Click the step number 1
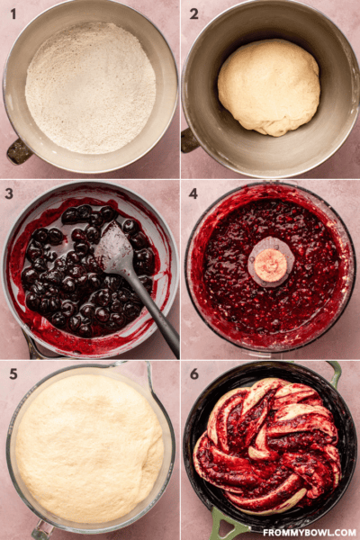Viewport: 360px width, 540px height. pyautogui.click(x=13, y=14)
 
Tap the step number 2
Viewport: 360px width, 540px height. pyautogui.click(x=194, y=14)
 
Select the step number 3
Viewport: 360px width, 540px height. pyautogui.click(x=9, y=193)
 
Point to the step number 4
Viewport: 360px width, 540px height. pyautogui.click(x=193, y=193)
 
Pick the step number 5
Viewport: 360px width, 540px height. pyautogui.click(x=13, y=374)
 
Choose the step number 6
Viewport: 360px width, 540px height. pyautogui.click(x=194, y=374)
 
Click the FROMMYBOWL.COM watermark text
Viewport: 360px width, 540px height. pyautogui.click(x=310, y=533)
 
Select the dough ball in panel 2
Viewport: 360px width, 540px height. pyautogui.click(x=269, y=87)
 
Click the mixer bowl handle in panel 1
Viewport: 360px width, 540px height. pyautogui.click(x=19, y=151)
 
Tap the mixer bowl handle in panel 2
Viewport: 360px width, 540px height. pyautogui.click(x=189, y=140)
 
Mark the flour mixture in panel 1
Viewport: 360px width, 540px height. pyautogui.click(x=90, y=88)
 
